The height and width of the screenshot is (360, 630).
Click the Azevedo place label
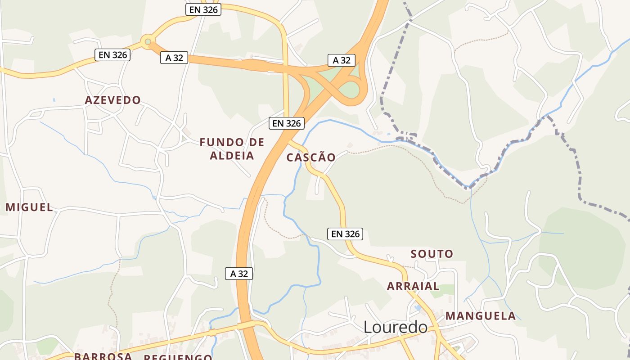pos(112,100)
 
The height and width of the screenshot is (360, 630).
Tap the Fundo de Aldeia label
pos(232,149)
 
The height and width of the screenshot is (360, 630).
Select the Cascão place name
pos(311,157)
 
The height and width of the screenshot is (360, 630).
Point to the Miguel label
pos(29,207)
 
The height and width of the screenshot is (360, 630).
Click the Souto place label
pos(432,254)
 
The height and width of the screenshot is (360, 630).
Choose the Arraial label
pos(413,286)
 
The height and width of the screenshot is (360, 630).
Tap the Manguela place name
pos(481,316)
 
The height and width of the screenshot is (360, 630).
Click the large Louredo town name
pos(395,327)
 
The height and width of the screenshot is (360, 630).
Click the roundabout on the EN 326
pos(147,42)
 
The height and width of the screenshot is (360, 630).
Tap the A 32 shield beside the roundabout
pos(174,58)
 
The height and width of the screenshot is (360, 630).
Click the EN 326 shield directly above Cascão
pos(287,123)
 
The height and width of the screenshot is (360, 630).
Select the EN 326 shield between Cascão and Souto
pos(345,234)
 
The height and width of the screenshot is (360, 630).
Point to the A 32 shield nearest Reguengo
pos(239,273)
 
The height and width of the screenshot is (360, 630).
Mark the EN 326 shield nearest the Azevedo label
pos(112,55)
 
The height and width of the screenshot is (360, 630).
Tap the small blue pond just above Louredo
pos(418,308)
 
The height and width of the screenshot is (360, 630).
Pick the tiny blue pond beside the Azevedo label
pos(54,100)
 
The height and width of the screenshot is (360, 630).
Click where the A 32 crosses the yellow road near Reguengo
pos(247,325)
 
